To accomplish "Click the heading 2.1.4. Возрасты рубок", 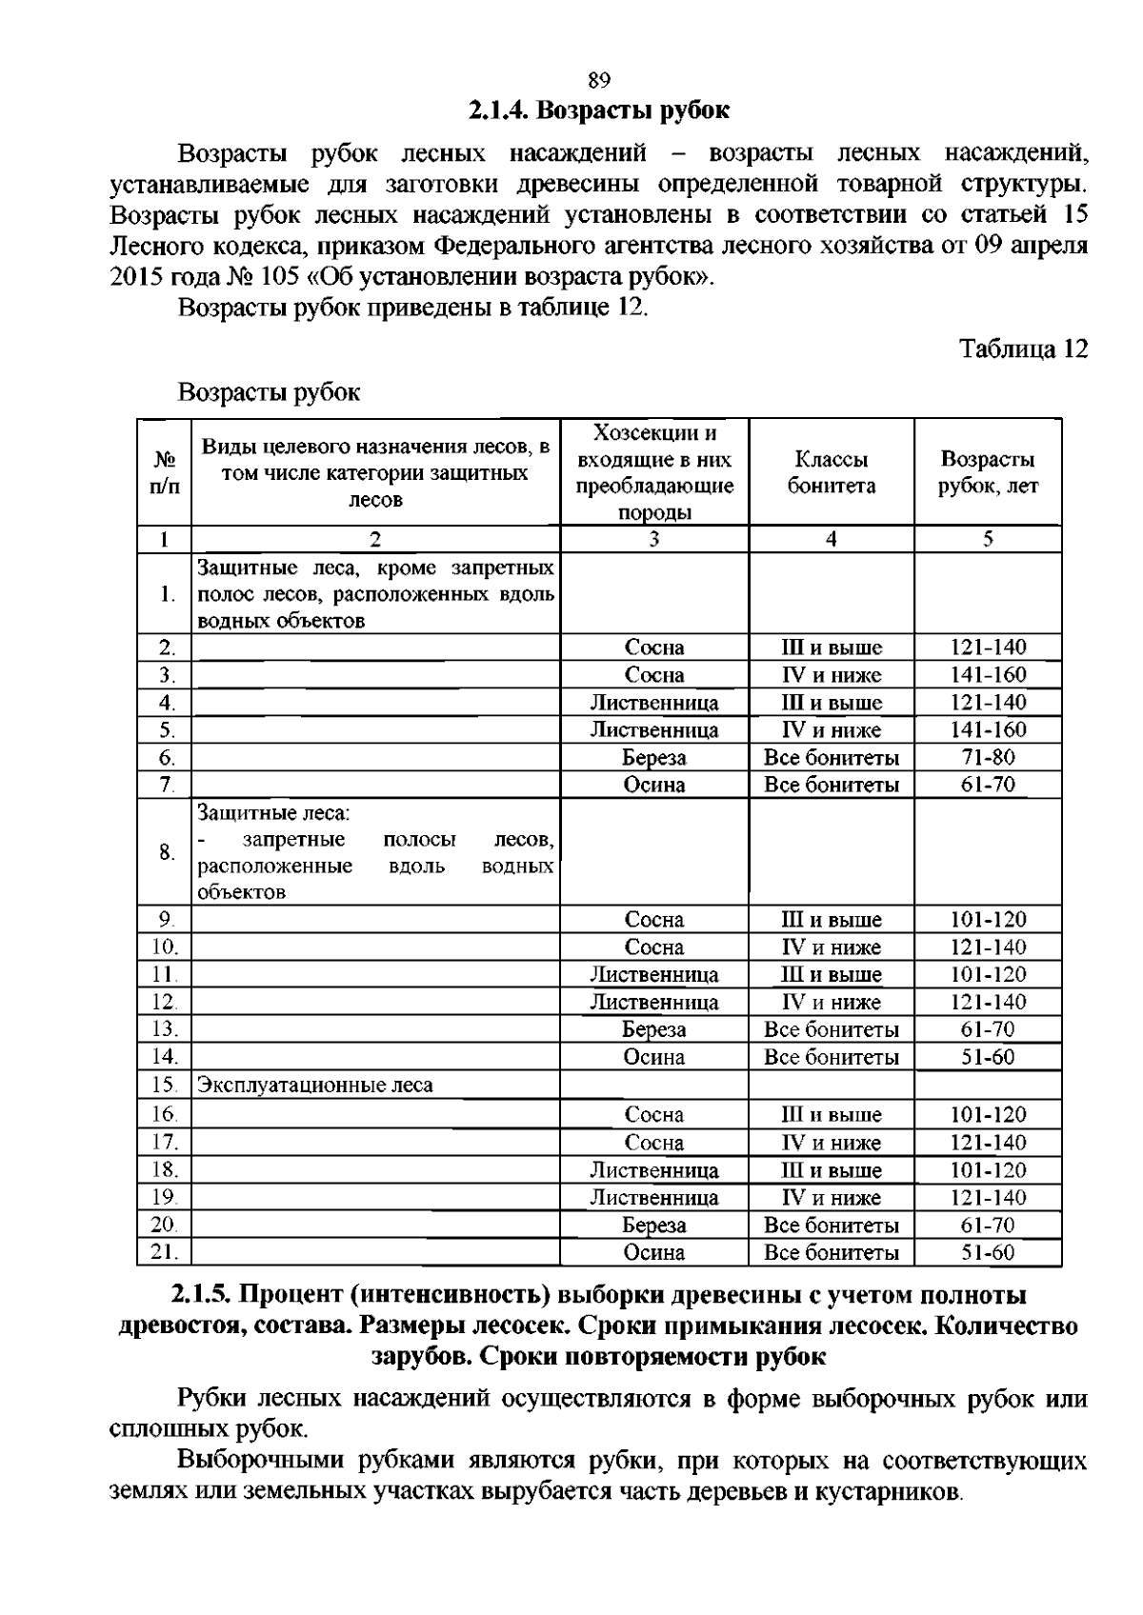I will (x=598, y=110).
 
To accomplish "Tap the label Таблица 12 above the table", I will (x=1023, y=349).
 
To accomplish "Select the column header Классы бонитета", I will (x=831, y=472).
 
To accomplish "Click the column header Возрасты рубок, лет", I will (x=988, y=472).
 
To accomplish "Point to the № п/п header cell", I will (x=164, y=472).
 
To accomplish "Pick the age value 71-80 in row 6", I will (x=988, y=758).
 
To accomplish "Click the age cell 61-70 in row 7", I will (x=988, y=785).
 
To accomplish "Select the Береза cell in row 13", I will (x=654, y=1029).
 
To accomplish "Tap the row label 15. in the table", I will (x=164, y=1085).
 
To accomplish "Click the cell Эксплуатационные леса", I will (x=315, y=1085).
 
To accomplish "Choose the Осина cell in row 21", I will (x=654, y=1252).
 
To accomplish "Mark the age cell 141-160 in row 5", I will (x=988, y=730).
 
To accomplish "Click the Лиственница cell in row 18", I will (x=654, y=1170).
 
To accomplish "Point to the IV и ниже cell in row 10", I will (x=831, y=947).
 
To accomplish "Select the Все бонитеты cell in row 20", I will (x=831, y=1226).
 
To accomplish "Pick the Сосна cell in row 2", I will (x=654, y=648).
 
